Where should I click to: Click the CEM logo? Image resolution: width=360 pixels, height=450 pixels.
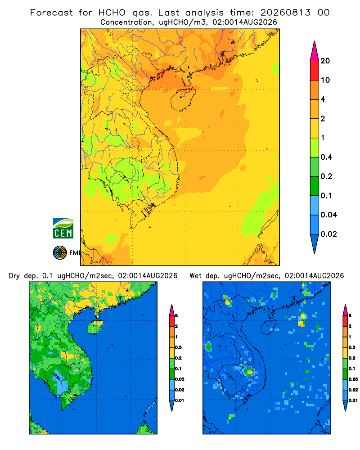point(63,229)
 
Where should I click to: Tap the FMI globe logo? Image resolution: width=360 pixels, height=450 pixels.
point(60,252)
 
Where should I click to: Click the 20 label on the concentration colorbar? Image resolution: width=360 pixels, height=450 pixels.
point(325,61)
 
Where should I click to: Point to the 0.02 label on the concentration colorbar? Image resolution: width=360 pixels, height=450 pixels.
point(328,234)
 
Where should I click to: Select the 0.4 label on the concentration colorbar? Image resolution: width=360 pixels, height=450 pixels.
point(326,157)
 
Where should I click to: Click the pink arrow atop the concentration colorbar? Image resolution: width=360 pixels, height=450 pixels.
point(315,51)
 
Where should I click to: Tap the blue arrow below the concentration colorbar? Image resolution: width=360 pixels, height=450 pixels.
point(315,244)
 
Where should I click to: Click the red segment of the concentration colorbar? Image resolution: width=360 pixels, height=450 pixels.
point(315,71)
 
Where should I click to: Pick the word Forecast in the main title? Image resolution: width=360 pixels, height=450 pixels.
point(51,13)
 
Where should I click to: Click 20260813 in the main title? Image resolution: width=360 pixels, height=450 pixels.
point(285,13)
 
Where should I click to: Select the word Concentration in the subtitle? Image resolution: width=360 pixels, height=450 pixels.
point(126,22)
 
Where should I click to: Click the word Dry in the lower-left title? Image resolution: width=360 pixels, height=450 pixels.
point(14,276)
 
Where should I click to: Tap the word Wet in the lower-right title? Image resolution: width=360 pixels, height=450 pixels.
point(195,276)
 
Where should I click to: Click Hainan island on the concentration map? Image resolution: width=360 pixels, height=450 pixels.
point(183,99)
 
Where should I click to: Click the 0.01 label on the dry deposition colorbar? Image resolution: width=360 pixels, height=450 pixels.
point(180,400)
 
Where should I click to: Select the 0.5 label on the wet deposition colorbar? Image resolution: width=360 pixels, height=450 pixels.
point(352,347)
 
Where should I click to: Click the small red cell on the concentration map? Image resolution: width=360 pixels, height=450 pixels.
point(162,75)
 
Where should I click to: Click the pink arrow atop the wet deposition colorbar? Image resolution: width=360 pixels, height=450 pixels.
point(345,310)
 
